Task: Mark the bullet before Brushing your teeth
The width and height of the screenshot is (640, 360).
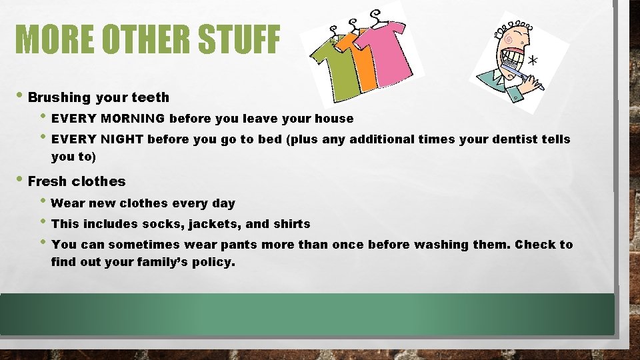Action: tap(21, 97)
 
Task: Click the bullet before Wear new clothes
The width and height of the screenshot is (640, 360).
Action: tap(44, 203)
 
